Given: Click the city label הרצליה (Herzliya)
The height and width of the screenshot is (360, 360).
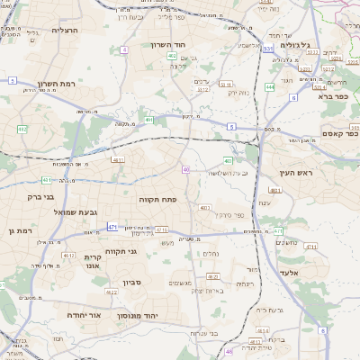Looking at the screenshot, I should point(66,30).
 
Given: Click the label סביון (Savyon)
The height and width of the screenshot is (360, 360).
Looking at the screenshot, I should point(133,283).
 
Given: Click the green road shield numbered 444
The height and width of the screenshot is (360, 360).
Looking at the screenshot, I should point(270,86).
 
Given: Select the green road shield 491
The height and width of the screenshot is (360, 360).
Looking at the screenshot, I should point(148,120).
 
